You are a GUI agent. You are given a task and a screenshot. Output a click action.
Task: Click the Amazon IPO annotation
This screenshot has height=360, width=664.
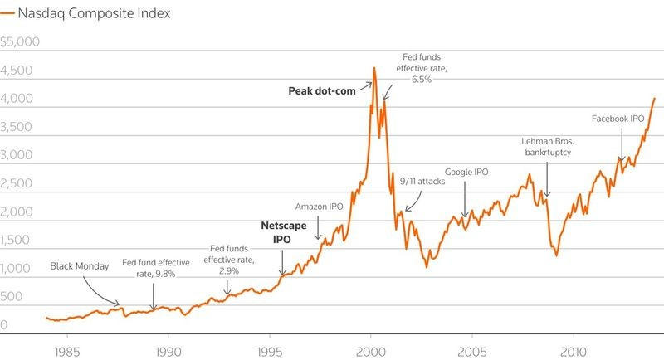tap(320, 206)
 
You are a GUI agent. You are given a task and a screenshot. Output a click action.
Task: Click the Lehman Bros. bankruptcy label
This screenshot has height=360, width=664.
tap(549, 147)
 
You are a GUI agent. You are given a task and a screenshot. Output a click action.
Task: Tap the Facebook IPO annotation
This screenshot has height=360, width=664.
tap(618, 119)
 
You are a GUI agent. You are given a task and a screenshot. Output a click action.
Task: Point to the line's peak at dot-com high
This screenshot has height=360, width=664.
tap(374, 68)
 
